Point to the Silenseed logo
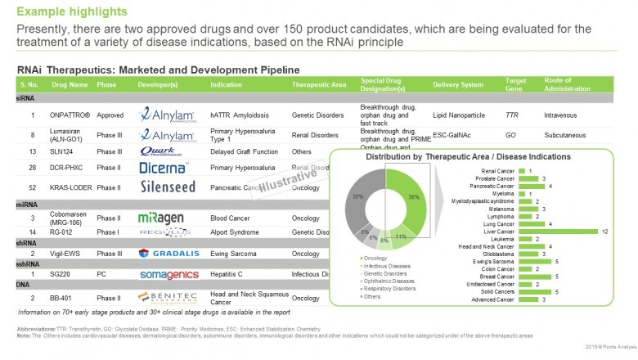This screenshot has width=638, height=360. click(168, 187)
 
